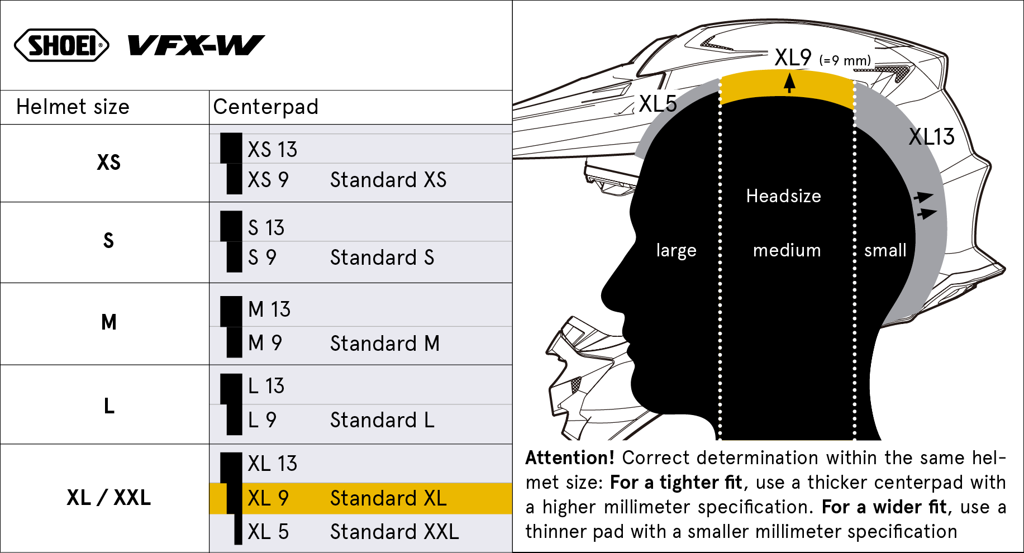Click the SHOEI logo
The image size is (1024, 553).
[x=61, y=45]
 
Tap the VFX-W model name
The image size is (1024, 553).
[x=196, y=45]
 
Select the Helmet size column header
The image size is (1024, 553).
[x=73, y=107]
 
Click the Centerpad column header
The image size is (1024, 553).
[x=266, y=107]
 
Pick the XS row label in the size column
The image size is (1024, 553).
[x=108, y=163]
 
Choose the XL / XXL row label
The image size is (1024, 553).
[x=108, y=498]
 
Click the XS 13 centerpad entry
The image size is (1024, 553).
[x=272, y=150]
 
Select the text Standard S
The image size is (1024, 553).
[x=382, y=258]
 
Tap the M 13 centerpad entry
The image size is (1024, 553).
[x=269, y=309]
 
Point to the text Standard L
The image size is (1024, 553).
[x=382, y=420]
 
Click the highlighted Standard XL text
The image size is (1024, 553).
[x=388, y=498]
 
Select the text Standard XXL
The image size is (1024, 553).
[x=394, y=532]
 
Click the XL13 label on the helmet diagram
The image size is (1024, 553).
[x=932, y=137]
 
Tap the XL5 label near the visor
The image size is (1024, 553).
[x=658, y=104]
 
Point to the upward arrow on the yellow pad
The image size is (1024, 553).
[x=789, y=83]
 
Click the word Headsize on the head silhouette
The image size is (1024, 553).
[x=784, y=196]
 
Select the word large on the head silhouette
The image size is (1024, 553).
[x=677, y=251]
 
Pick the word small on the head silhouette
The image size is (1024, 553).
[x=885, y=250]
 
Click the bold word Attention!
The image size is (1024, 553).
[x=570, y=458]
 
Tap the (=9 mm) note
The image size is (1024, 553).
[x=845, y=60]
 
